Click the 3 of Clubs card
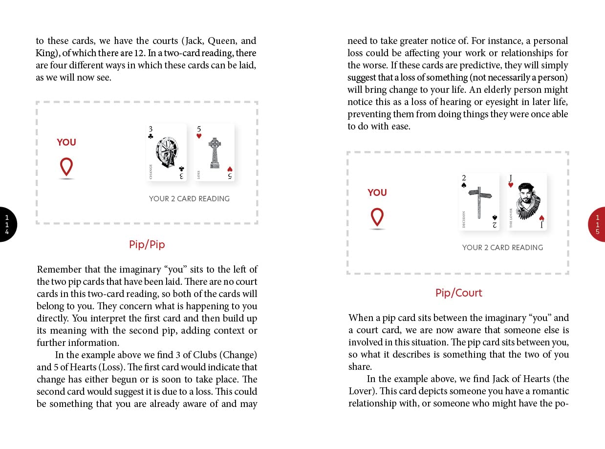(x=166, y=152)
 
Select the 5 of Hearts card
(x=214, y=152)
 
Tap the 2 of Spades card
(x=479, y=201)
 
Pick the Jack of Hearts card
(x=527, y=201)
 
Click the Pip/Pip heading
(x=147, y=244)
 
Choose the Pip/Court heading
(x=458, y=293)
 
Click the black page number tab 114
(x=7, y=224)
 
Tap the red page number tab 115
(x=597, y=224)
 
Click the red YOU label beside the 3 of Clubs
(x=66, y=142)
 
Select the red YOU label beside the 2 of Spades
(x=377, y=192)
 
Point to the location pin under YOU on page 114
(x=66, y=167)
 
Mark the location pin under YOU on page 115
(x=377, y=217)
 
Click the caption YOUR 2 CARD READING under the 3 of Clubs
(x=189, y=199)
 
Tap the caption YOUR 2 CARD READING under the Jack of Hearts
(x=502, y=248)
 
